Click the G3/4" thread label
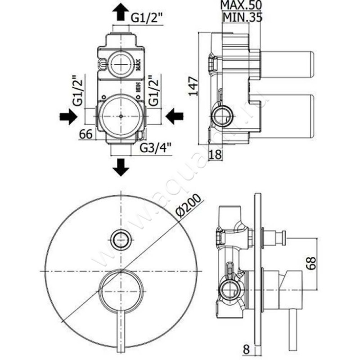click(154, 147)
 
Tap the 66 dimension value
click(85, 134)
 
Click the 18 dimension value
click(216, 154)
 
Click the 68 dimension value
click(310, 263)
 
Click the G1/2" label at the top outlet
click(147, 18)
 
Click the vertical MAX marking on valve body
click(139, 65)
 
